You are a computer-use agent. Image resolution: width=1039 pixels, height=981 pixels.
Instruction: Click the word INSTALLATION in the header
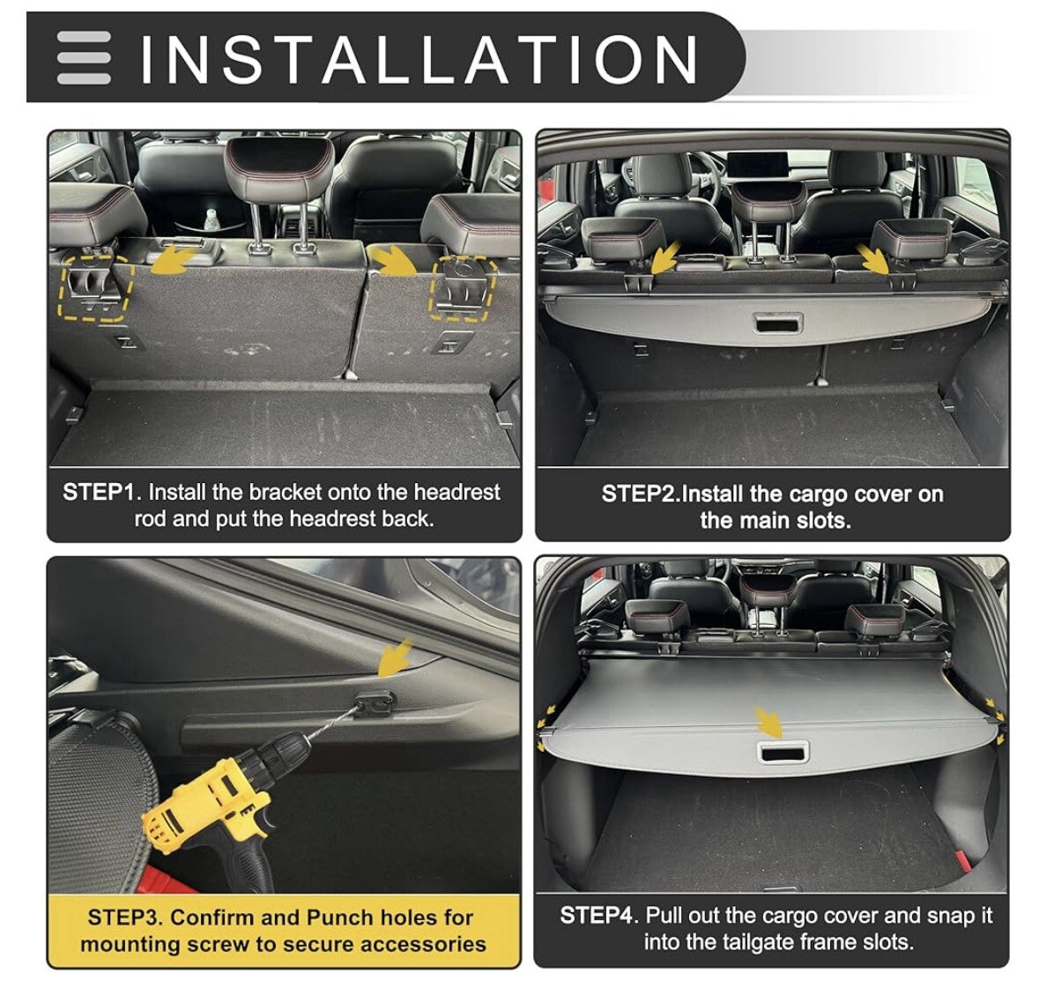(x=419, y=60)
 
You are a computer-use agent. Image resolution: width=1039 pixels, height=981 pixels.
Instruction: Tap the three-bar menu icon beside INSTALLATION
(x=84, y=57)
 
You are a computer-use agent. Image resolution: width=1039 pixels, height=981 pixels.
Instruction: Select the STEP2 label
(x=641, y=494)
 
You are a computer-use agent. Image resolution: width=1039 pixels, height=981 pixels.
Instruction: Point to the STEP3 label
(x=125, y=918)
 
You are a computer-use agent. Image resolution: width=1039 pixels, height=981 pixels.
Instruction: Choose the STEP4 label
(x=599, y=916)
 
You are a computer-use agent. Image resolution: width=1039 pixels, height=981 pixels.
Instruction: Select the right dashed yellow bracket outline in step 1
(x=464, y=288)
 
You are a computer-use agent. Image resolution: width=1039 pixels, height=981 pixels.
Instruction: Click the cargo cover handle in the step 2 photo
(x=778, y=323)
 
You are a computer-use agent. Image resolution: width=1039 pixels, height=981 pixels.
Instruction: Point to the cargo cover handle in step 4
(x=782, y=753)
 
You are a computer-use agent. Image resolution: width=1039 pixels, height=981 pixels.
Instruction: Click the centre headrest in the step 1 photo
(x=279, y=167)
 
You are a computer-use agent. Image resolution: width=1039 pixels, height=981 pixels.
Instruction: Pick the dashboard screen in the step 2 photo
(x=757, y=165)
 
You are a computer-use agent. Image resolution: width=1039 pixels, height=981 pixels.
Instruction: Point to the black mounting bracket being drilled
(x=373, y=704)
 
